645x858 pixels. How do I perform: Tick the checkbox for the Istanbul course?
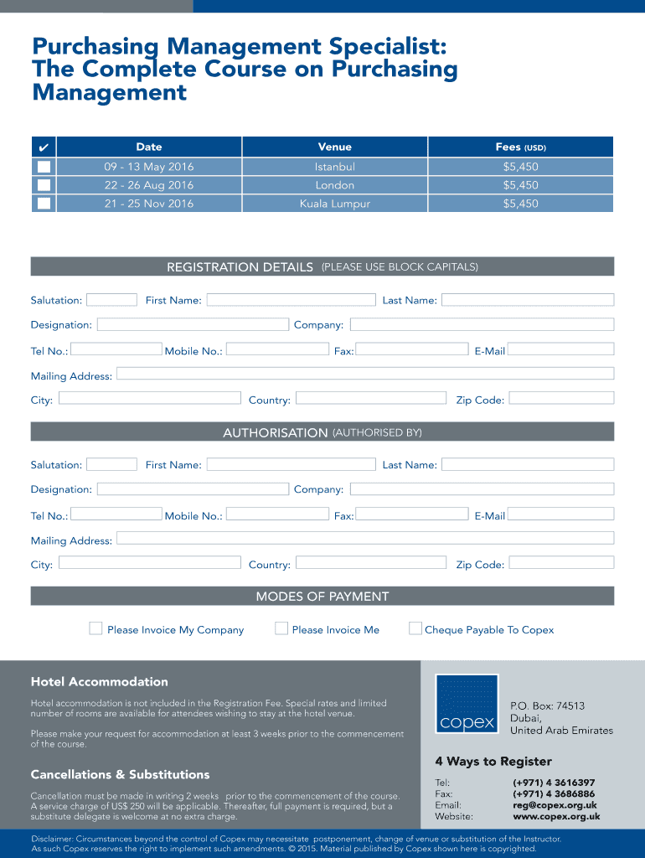click(x=44, y=167)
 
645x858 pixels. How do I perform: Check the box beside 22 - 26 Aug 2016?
click(x=44, y=185)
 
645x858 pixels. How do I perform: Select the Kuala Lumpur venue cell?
click(x=334, y=204)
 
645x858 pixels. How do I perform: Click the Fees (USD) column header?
click(x=520, y=147)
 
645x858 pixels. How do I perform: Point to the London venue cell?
click(x=334, y=185)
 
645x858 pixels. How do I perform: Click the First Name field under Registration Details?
click(x=291, y=300)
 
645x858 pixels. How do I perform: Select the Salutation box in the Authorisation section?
click(x=111, y=464)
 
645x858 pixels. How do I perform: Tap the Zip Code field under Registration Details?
click(x=561, y=399)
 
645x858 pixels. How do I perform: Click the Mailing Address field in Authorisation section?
click(x=364, y=539)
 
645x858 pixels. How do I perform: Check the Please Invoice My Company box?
click(x=96, y=628)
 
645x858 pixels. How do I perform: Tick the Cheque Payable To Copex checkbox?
click(x=415, y=628)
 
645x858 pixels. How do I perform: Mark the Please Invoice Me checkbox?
click(x=281, y=628)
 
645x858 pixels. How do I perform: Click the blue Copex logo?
click(x=467, y=704)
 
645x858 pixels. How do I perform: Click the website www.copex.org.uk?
click(x=556, y=816)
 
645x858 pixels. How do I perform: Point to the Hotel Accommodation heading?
click(x=100, y=682)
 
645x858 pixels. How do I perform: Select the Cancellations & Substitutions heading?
click(x=120, y=774)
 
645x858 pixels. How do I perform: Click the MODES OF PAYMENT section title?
click(x=322, y=597)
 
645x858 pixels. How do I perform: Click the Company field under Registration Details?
click(x=482, y=324)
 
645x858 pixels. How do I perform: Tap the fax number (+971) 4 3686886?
click(x=554, y=793)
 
